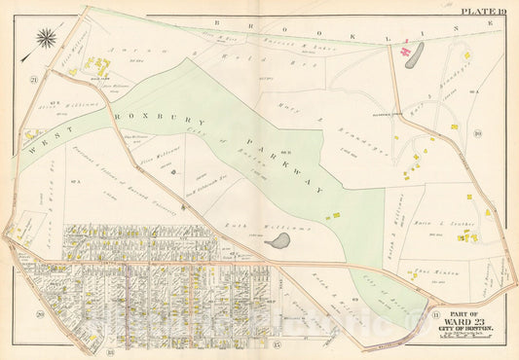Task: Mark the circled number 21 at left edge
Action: coord(32,79)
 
